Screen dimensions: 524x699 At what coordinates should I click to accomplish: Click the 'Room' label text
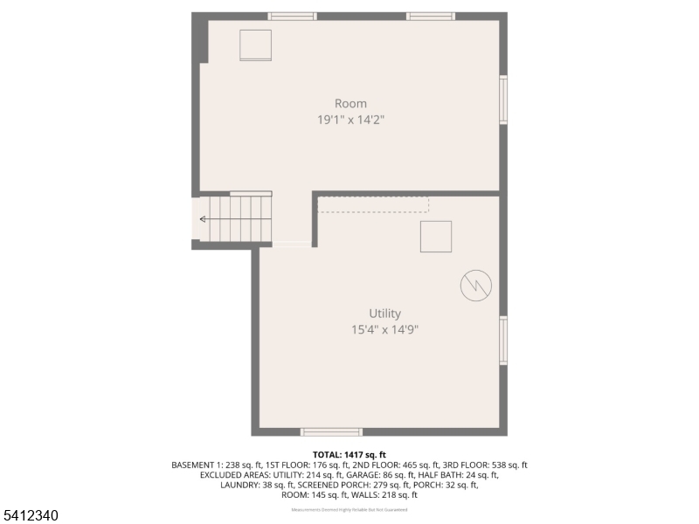tap(350, 103)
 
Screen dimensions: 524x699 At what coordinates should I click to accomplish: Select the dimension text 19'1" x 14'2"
tap(350, 120)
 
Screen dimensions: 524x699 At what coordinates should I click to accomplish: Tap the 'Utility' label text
tap(384, 314)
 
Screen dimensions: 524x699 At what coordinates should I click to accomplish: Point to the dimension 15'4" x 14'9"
tap(384, 330)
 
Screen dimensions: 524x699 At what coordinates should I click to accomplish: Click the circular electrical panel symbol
tap(476, 284)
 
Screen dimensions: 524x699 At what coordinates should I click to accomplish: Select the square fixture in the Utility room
tap(436, 237)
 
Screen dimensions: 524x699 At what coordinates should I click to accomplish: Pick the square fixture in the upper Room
tap(256, 45)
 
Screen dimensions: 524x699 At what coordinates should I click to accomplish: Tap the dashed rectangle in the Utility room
tap(373, 204)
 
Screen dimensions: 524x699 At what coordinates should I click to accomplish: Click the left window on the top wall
tap(292, 16)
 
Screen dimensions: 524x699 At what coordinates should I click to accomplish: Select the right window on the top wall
tap(430, 16)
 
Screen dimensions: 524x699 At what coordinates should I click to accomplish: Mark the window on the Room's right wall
tap(503, 100)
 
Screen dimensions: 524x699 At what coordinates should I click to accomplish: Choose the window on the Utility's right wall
tap(503, 341)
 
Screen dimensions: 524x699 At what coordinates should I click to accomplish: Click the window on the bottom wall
tap(331, 431)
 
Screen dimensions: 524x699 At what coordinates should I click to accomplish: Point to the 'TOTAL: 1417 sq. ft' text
tap(349, 455)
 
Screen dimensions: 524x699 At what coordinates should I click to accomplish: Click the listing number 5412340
tap(31, 516)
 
